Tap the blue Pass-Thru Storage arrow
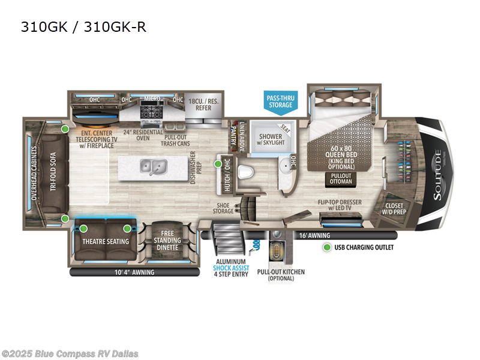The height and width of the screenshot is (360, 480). [x=280, y=101]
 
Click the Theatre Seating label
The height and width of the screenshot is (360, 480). [x=106, y=241]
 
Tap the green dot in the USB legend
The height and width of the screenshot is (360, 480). [x=326, y=247]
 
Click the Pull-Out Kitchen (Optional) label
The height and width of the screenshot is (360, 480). [x=281, y=275]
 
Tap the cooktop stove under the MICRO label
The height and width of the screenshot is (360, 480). [x=149, y=112]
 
